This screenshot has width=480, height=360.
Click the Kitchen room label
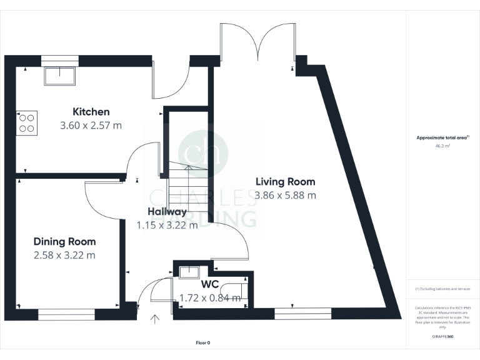click(x=91, y=112)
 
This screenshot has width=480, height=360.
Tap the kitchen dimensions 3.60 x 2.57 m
click(x=91, y=125)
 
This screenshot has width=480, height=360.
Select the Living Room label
click(x=285, y=182)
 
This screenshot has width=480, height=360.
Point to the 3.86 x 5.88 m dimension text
click(x=285, y=195)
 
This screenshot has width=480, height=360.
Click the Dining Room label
click(x=64, y=242)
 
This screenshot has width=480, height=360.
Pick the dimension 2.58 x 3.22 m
click(x=64, y=255)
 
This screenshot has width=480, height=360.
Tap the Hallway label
click(x=167, y=212)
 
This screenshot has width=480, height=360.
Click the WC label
click(x=209, y=285)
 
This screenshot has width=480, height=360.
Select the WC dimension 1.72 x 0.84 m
click(x=209, y=298)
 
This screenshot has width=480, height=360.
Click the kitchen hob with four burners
click(x=26, y=122)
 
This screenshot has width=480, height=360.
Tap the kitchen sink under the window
click(x=59, y=76)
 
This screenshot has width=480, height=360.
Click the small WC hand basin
click(x=188, y=272)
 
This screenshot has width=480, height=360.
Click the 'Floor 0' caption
click(x=203, y=342)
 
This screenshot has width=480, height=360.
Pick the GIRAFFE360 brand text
click(x=442, y=337)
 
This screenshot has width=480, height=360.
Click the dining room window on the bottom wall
click(x=66, y=312)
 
